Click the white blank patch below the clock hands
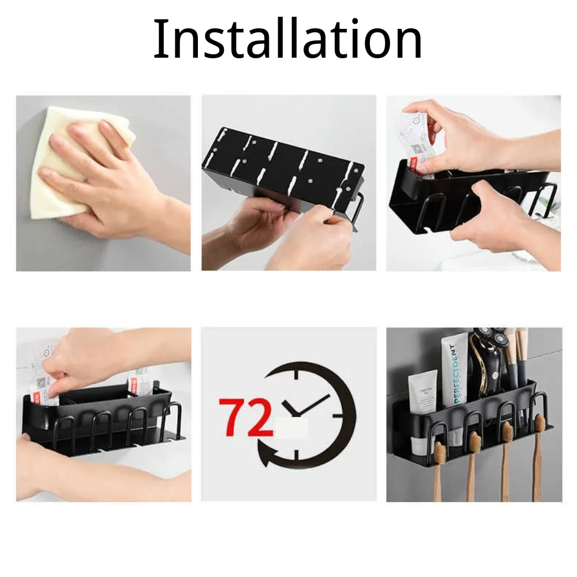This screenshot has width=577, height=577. tap(292, 429)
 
